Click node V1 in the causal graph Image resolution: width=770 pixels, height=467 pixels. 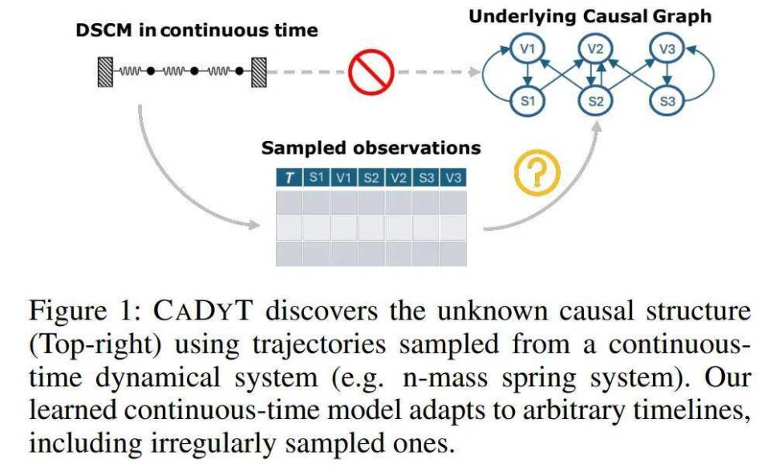tap(526, 50)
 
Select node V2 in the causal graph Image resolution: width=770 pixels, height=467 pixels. tap(594, 50)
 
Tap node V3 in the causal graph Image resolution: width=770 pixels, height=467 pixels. tap(667, 50)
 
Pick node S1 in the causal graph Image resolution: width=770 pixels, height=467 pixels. tap(526, 101)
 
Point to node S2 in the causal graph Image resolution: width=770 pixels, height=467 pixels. tap(594, 101)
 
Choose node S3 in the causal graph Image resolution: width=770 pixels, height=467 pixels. tap(667, 101)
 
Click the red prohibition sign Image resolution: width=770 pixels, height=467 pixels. tap(371, 72)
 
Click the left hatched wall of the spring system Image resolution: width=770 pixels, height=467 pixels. tap(105, 72)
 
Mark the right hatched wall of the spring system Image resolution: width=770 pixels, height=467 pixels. tap(257, 72)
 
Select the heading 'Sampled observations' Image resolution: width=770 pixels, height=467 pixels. tap(371, 148)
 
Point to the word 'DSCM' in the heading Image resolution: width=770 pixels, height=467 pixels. tap(102, 31)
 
